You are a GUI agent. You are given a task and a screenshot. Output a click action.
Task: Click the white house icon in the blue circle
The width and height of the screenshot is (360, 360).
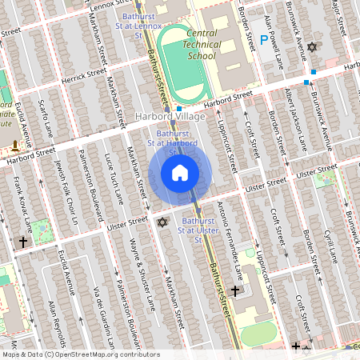[x=180, y=172]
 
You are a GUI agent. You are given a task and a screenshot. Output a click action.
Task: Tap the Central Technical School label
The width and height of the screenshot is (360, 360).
[x=201, y=45]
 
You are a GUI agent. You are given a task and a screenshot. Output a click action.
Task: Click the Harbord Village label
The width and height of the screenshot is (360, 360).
[x=171, y=117]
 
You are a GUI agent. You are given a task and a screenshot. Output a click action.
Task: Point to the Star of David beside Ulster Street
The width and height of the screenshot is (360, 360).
[x=162, y=222]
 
